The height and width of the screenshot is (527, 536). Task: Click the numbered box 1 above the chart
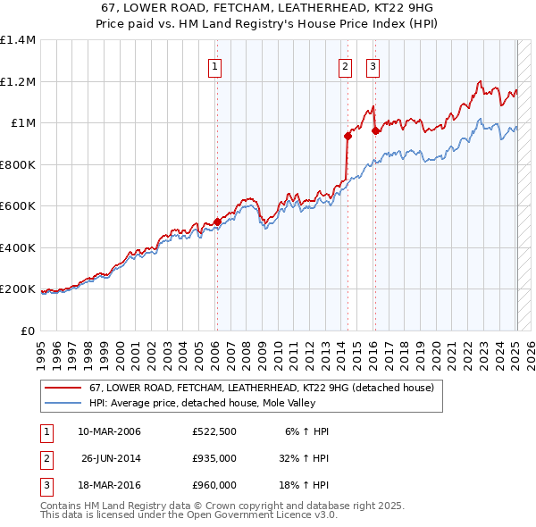coord(216,65)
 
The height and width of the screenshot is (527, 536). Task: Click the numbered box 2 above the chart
coord(345,65)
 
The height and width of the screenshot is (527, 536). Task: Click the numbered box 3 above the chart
coord(372,65)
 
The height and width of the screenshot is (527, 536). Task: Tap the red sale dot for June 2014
coord(346,136)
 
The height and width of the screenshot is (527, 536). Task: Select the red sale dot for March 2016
coord(375,130)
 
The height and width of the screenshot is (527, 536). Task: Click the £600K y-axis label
coord(18,206)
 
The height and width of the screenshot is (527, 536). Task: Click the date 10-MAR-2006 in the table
coord(110,431)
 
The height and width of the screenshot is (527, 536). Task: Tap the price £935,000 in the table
coord(214,458)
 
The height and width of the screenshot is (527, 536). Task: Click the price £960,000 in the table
coord(214,485)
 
